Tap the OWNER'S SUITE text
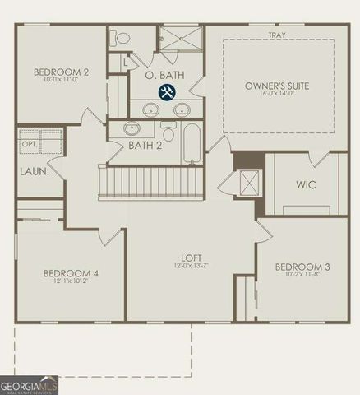(278, 86)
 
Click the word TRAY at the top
(276, 35)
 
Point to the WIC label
(306, 184)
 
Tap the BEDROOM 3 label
(302, 267)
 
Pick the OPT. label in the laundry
(30, 144)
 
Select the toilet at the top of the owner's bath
(121, 38)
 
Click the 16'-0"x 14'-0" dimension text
(278, 95)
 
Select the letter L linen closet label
(124, 62)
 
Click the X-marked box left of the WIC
(250, 181)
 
